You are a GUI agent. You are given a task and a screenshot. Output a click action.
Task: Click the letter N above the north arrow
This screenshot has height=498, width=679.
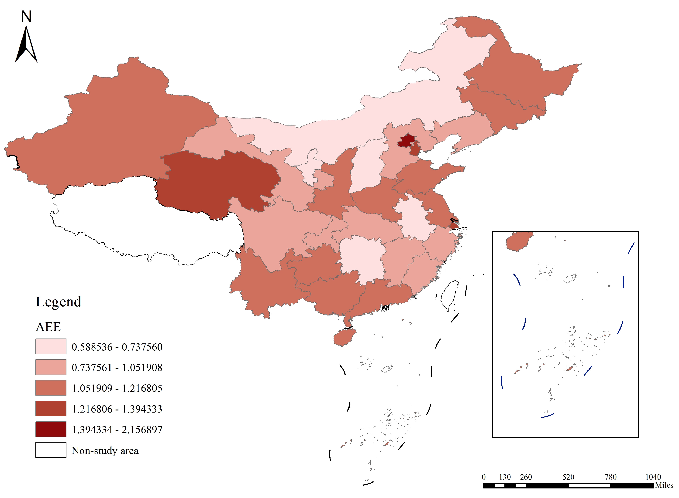(26, 16)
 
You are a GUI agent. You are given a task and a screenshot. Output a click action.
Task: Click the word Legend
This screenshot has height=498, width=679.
(58, 302)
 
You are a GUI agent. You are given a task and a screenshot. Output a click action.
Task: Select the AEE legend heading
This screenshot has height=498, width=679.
(48, 326)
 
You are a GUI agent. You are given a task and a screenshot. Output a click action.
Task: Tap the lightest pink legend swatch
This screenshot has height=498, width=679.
(51, 346)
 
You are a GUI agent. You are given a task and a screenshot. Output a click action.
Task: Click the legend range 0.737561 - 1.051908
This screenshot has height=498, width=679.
(117, 367)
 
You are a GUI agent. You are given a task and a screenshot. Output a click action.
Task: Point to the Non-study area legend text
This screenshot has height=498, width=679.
(105, 451)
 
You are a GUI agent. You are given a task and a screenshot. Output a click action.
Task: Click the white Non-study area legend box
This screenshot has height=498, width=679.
(51, 450)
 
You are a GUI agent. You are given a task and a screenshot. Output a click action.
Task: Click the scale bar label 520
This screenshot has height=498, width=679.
(568, 477)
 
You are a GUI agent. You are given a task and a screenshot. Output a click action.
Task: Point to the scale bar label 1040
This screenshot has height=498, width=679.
(653, 477)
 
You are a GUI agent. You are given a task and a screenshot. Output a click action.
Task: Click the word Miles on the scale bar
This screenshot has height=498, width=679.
(664, 485)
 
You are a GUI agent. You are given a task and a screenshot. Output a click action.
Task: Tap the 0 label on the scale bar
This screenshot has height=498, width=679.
(484, 477)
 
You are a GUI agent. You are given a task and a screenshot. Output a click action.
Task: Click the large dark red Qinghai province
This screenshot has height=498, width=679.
(217, 181)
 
